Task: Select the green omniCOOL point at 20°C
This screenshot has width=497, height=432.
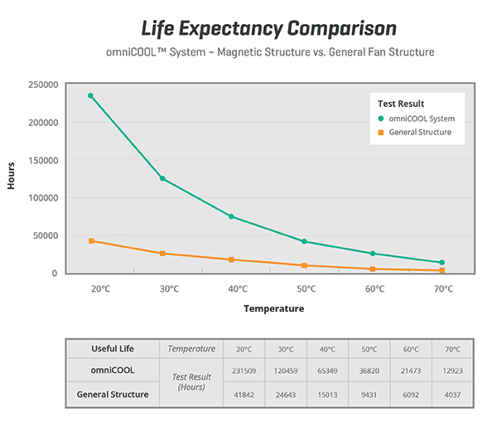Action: tap(91, 95)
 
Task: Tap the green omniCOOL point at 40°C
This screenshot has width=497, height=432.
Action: tap(231, 216)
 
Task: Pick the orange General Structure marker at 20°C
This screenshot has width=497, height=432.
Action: tap(91, 240)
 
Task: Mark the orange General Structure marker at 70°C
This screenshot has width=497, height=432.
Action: tap(442, 270)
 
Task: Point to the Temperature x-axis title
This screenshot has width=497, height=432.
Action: tap(273, 308)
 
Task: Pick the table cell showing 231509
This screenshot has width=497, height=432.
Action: tap(244, 371)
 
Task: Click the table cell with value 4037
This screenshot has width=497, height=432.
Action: tap(451, 395)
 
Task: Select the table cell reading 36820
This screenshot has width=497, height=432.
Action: tap(369, 371)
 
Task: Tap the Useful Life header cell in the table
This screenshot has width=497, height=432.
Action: tap(113, 348)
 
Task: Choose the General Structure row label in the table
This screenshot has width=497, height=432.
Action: tap(113, 395)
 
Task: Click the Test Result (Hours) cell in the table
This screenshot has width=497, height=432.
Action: tap(191, 382)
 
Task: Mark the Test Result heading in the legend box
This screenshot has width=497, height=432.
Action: tap(401, 104)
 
